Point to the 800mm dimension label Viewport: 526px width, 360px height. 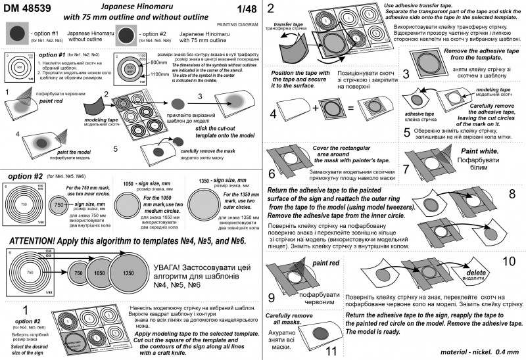159,62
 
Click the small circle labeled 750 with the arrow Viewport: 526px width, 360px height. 59,206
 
